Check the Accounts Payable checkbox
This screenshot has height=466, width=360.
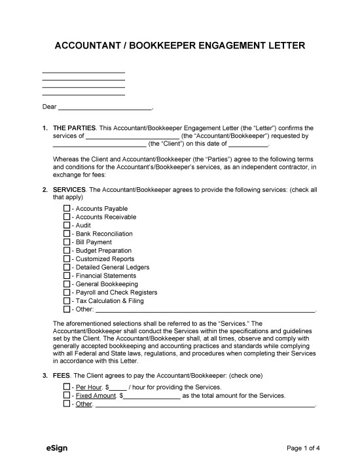[x=67, y=208]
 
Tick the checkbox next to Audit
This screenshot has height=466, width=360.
[x=67, y=225]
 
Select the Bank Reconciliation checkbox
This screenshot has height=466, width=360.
[x=67, y=234]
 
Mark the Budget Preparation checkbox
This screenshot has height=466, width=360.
[x=67, y=251]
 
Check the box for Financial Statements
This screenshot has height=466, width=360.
[x=67, y=276]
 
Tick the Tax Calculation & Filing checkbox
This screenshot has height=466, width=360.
[x=67, y=301]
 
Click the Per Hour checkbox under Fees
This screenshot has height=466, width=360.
[x=67, y=387]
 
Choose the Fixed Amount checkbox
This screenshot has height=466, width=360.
[x=67, y=396]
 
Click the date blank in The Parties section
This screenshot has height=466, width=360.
[x=248, y=145]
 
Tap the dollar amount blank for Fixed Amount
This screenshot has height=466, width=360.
[x=152, y=397]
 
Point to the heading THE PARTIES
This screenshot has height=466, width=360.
[x=74, y=128]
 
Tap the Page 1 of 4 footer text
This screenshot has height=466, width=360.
[x=304, y=449]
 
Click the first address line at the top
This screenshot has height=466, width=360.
[x=83, y=73]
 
